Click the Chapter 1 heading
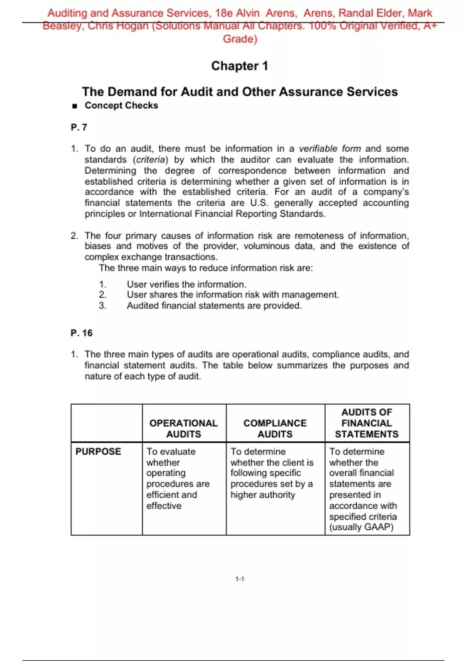click(239, 66)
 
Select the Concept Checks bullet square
click(75, 106)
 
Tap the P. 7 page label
click(79, 128)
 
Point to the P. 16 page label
click(82, 333)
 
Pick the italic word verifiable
click(318, 149)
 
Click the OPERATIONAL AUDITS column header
click(184, 428)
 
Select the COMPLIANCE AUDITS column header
click(275, 428)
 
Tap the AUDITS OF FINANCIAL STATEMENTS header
click(367, 423)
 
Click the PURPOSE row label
click(98, 451)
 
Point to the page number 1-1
click(240, 579)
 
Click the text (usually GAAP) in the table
click(361, 527)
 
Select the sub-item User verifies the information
click(186, 284)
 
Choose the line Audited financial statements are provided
click(214, 306)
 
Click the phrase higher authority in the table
click(263, 495)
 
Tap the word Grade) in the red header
click(240, 39)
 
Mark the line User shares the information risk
click(232, 295)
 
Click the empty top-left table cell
click(107, 423)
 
